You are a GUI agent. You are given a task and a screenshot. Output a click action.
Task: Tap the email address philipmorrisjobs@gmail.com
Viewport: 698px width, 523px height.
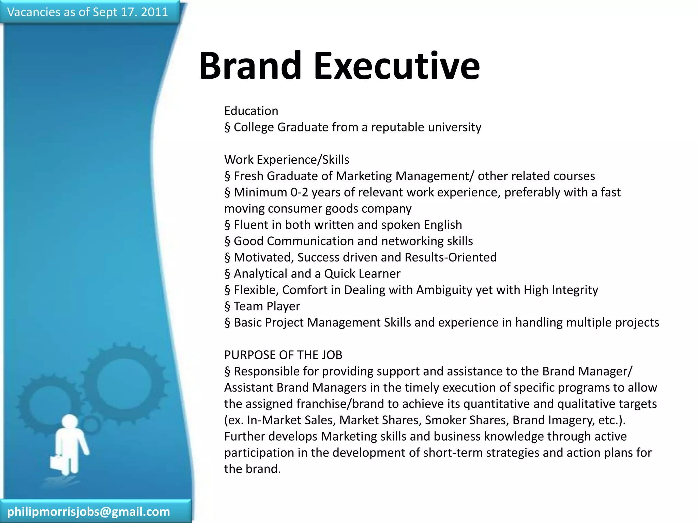(89, 511)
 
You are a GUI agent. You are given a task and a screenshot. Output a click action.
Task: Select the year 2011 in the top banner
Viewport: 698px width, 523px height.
(154, 12)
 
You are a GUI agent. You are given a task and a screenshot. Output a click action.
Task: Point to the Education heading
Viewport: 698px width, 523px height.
(251, 111)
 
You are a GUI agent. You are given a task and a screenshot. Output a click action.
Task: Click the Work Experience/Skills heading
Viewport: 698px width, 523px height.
(287, 160)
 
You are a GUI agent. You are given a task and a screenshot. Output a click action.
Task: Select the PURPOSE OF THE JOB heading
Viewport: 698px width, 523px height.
(283, 355)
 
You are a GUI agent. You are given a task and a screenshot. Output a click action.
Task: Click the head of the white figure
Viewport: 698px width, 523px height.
(70, 422)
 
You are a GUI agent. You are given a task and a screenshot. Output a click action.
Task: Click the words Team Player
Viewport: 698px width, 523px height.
(267, 306)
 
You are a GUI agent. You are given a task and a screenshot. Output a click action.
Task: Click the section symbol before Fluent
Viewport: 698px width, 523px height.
(227, 225)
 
